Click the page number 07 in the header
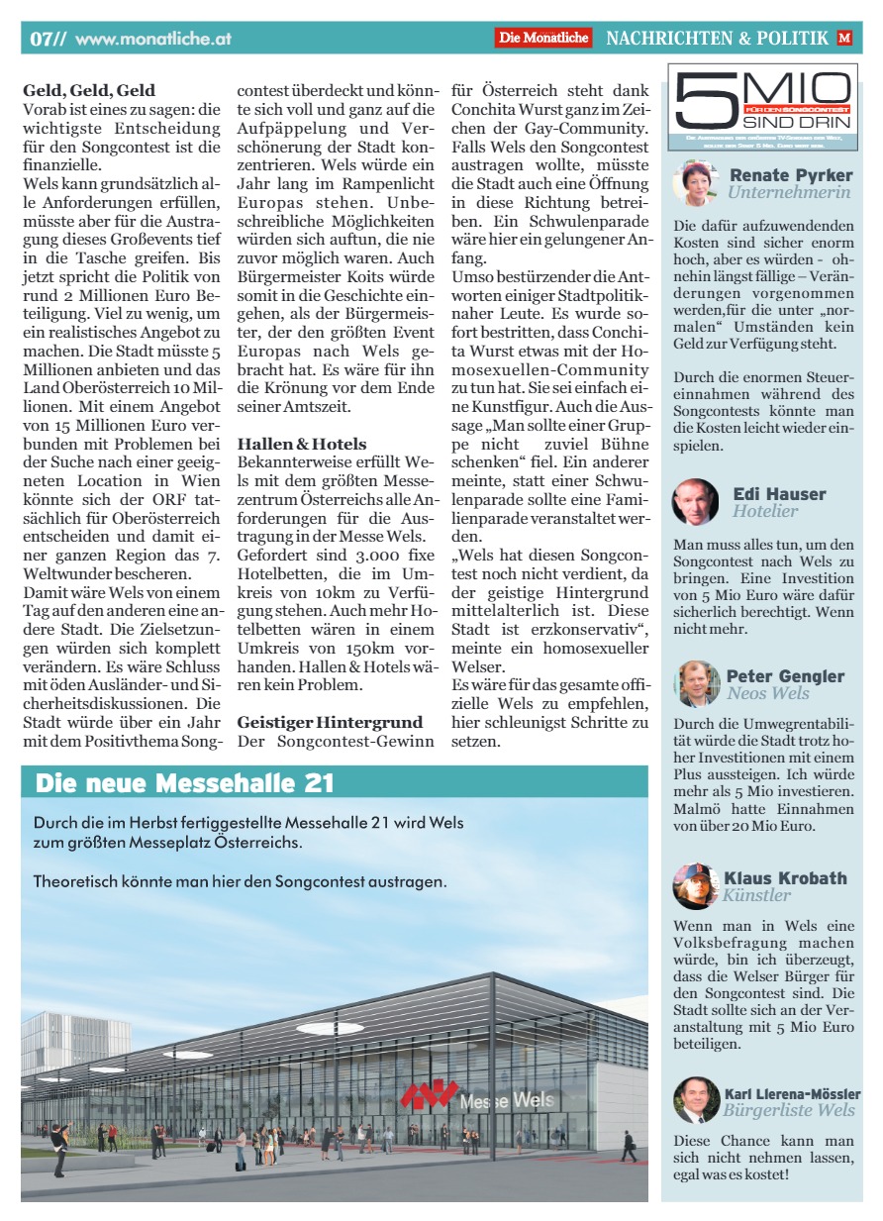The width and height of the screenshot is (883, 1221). pyautogui.click(x=43, y=39)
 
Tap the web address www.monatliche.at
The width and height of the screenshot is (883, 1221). pyautogui.click(x=153, y=39)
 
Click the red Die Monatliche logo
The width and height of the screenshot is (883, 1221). pyautogui.click(x=543, y=38)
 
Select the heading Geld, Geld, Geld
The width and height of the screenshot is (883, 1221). pyautogui.click(x=89, y=90)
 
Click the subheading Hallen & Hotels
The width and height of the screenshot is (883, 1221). pyautogui.click(x=302, y=444)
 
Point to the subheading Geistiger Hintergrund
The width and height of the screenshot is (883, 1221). pyautogui.click(x=330, y=722)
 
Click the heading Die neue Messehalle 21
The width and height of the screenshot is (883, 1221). pyautogui.click(x=184, y=783)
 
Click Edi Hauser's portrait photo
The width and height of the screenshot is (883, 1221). pyautogui.click(x=695, y=501)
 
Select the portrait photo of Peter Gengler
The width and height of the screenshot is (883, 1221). pyautogui.click(x=695, y=683)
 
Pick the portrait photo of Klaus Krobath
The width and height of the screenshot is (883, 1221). pyautogui.click(x=695, y=885)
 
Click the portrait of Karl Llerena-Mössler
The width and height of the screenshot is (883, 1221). pyautogui.click(x=695, y=1100)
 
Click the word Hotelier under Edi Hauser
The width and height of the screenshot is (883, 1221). pyautogui.click(x=765, y=511)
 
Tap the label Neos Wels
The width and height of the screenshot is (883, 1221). pyautogui.click(x=768, y=693)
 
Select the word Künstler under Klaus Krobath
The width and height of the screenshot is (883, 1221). pyautogui.click(x=756, y=895)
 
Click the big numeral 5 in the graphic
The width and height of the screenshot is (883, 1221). pyautogui.click(x=697, y=98)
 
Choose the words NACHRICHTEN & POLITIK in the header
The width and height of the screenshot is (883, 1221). pyautogui.click(x=717, y=39)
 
